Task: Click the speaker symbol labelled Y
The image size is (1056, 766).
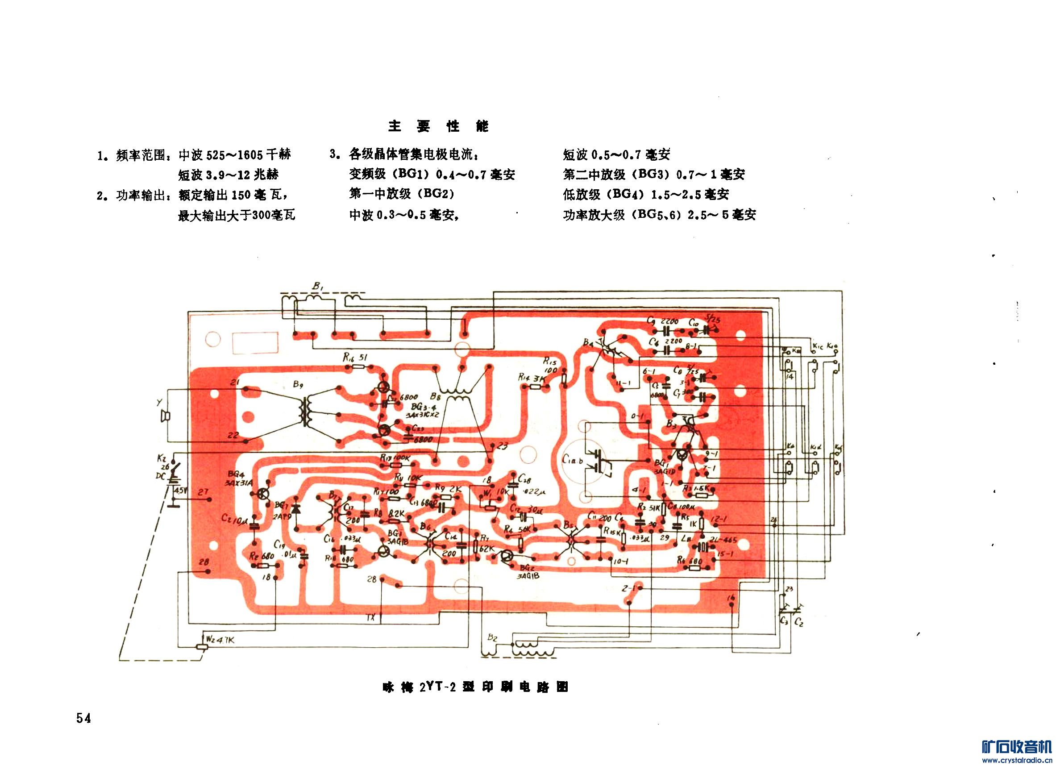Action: coord(164,416)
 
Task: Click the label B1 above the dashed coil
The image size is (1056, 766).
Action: coord(318,288)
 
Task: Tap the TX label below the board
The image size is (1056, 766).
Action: coord(370,618)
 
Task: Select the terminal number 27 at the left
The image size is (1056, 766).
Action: coord(203,492)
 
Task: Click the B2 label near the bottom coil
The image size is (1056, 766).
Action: coord(493,638)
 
